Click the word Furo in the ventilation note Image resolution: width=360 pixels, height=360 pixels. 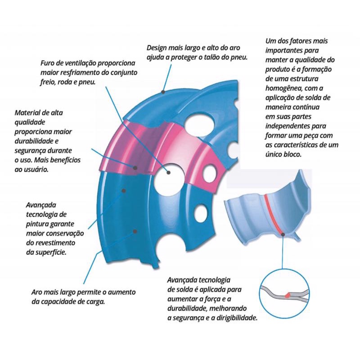point(48,63)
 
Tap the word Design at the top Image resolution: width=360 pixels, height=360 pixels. point(157,48)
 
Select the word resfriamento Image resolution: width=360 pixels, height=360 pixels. point(81,72)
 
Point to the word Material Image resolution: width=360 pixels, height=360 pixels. point(27,113)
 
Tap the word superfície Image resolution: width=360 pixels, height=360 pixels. point(51,252)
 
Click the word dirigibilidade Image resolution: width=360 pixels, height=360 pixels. point(237,318)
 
